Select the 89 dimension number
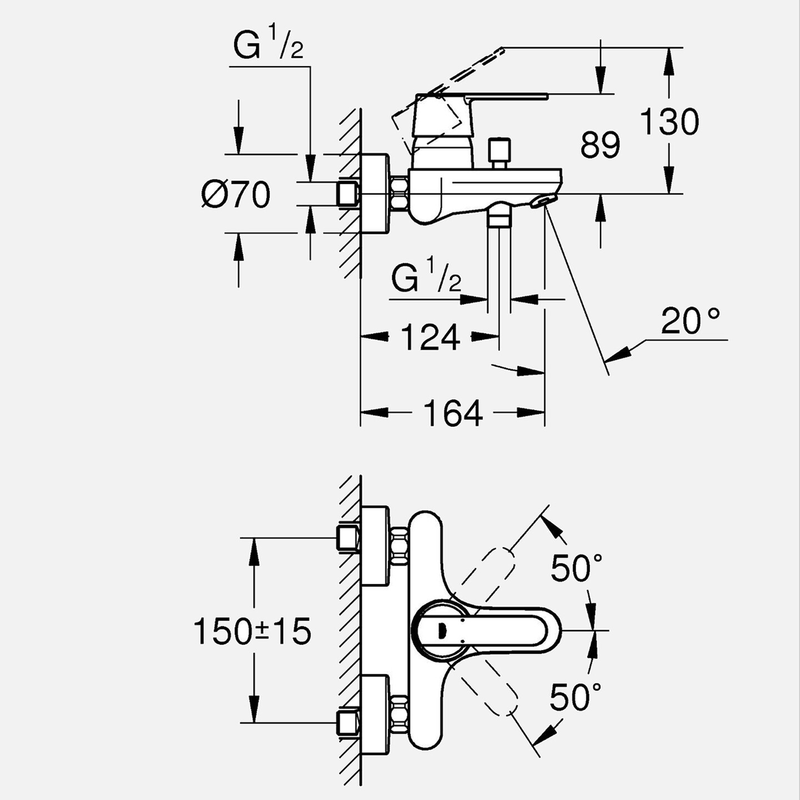(601, 144)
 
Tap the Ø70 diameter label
(236, 194)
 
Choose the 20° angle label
(691, 321)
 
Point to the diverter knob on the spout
(499, 153)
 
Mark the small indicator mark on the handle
(442, 631)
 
